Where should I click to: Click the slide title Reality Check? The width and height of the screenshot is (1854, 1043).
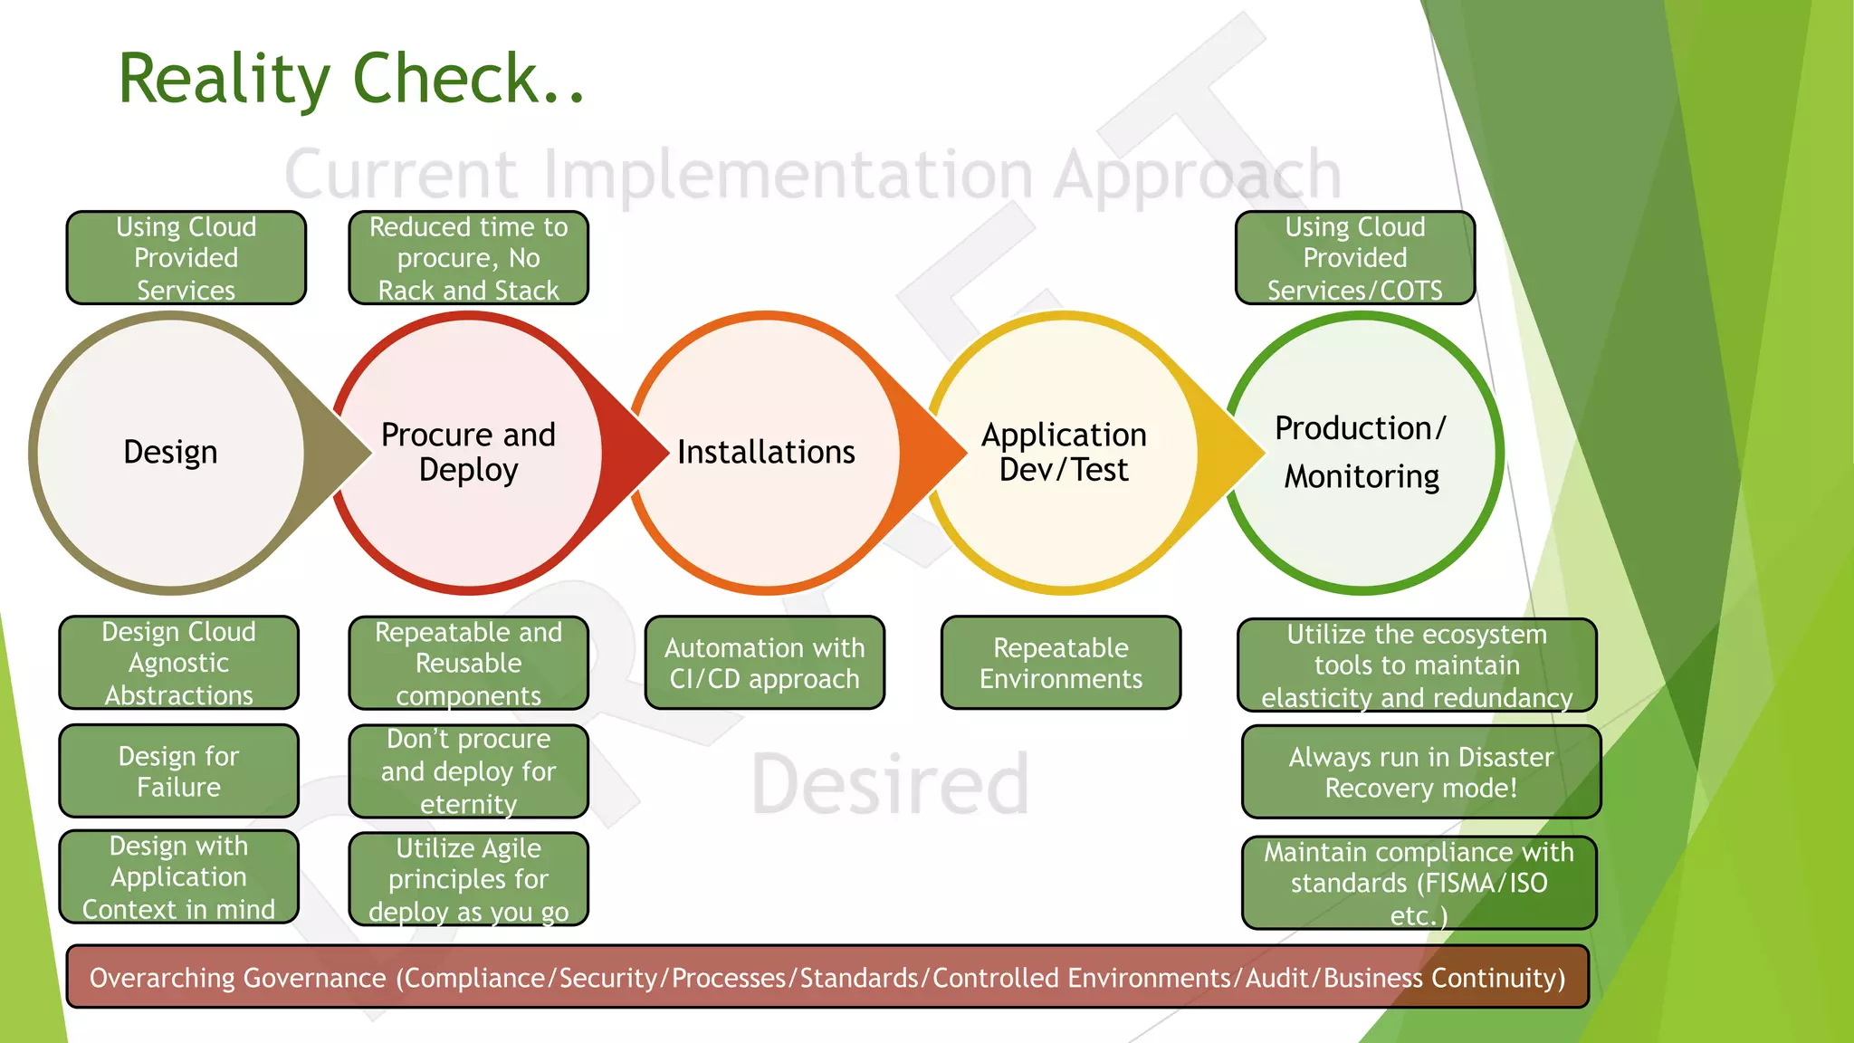351,79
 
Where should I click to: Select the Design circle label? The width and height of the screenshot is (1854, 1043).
170,452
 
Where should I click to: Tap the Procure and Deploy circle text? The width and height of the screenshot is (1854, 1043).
468,452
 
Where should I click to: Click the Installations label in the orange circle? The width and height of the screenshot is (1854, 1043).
766,452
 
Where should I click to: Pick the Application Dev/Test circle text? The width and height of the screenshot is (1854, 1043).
1064,452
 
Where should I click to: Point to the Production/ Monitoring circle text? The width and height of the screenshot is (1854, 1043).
1361,452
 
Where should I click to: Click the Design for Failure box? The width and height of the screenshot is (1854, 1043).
178,771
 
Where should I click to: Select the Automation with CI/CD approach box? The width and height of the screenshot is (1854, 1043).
764,663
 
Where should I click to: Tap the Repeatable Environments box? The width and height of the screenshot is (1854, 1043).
1060,663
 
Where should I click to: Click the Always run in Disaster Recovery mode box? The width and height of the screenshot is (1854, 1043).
1420,772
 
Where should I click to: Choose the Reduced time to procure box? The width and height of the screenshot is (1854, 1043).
468,258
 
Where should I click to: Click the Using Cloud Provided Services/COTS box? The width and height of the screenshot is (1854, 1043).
1354,258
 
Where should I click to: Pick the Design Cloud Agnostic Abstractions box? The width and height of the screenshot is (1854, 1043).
178,663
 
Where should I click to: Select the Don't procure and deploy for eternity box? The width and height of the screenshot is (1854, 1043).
468,771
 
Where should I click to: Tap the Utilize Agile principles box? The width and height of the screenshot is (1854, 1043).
468,879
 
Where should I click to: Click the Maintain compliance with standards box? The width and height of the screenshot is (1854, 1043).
1419,883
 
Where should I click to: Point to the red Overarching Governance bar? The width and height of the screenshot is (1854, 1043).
827,977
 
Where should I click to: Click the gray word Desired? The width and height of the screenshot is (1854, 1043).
890,784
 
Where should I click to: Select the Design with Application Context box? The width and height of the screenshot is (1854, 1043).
178,877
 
